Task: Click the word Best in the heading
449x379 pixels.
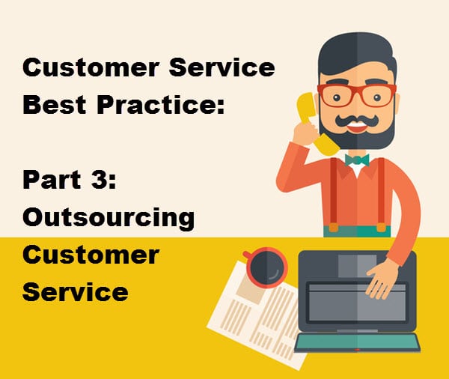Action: click(x=55, y=104)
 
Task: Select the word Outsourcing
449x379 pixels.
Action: click(x=109, y=218)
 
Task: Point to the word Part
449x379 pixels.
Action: click(x=51, y=180)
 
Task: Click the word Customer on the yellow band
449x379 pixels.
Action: click(x=91, y=255)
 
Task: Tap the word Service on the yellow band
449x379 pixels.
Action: click(x=75, y=291)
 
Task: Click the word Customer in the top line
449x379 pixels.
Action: click(x=91, y=67)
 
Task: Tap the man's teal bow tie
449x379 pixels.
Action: click(x=357, y=160)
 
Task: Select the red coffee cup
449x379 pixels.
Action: click(x=266, y=267)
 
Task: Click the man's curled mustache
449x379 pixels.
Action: click(x=356, y=121)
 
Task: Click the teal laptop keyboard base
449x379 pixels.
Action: click(x=357, y=343)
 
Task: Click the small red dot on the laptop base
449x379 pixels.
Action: click(x=357, y=350)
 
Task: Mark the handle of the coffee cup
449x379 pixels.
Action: click(x=246, y=255)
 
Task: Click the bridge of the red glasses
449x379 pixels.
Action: click(x=357, y=89)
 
